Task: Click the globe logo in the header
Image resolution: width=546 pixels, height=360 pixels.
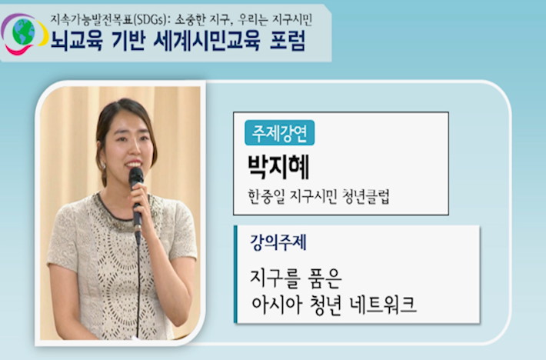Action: (x=25, y=34)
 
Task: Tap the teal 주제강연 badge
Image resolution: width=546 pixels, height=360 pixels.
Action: (x=280, y=132)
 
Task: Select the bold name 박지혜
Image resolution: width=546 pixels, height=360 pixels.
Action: (x=278, y=167)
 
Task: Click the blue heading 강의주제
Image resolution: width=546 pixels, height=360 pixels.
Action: (x=278, y=242)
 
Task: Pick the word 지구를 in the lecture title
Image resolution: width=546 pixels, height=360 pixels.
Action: (x=275, y=278)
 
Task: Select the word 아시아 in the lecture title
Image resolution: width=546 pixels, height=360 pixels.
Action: (x=277, y=305)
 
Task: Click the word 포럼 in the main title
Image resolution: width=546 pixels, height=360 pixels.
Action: (x=288, y=41)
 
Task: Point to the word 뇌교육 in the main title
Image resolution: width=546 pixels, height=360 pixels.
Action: (x=77, y=41)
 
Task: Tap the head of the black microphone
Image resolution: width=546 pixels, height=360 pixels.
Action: (x=136, y=176)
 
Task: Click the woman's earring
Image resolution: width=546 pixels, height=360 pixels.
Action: (x=103, y=165)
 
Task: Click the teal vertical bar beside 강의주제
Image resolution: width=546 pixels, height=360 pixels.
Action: (x=235, y=275)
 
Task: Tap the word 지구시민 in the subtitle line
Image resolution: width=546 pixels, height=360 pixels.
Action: (x=291, y=20)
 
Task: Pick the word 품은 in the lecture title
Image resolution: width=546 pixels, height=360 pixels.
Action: (x=325, y=278)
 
